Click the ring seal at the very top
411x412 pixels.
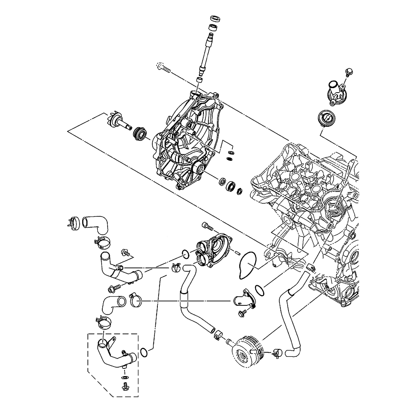[215, 19]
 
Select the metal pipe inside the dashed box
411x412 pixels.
[113, 353]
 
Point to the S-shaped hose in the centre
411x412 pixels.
[193, 300]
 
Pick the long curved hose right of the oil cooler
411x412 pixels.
[295, 313]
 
